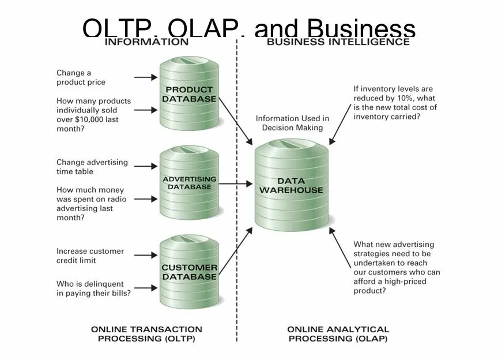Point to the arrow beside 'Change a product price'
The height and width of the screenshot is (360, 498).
point(145,77)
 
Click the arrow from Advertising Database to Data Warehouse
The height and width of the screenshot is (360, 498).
point(236,184)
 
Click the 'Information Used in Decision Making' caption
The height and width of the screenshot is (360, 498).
point(292,123)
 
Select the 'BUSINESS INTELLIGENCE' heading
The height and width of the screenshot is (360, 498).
point(338,42)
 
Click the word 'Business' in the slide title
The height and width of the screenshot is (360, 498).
point(361,29)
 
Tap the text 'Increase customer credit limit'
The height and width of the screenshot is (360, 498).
point(90,256)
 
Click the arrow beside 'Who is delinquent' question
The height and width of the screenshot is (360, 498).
point(145,288)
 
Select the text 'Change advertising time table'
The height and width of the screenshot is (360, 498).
point(92,167)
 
